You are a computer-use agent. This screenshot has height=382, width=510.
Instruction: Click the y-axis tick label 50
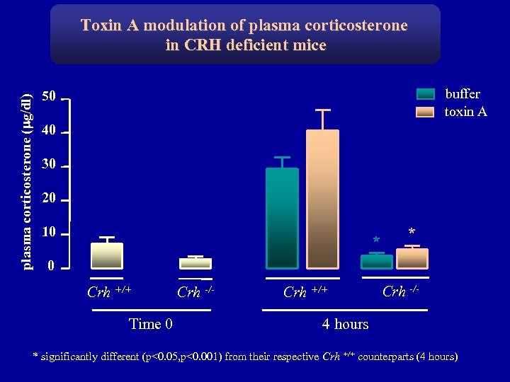coord(48,96)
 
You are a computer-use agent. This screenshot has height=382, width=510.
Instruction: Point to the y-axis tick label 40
coord(48,130)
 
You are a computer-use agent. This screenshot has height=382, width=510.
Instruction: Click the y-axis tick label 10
coord(48,232)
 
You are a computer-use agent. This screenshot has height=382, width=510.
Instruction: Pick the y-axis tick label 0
coord(50,266)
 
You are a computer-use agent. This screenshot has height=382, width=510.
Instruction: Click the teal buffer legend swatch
coord(425,94)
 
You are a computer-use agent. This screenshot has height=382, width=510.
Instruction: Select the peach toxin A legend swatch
coord(425,112)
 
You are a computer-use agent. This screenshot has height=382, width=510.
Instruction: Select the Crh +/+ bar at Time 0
coord(107,255)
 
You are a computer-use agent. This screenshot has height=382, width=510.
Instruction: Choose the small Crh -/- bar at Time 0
coord(195,263)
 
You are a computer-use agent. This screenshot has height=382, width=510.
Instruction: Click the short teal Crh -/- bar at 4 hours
coord(376,261)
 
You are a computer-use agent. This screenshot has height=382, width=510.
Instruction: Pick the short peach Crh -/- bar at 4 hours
coord(412,258)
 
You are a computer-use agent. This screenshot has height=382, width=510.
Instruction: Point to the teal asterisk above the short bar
coord(376,241)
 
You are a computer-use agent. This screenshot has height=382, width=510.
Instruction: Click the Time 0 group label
coord(151,324)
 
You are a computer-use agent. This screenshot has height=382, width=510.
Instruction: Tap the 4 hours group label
coord(345,324)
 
